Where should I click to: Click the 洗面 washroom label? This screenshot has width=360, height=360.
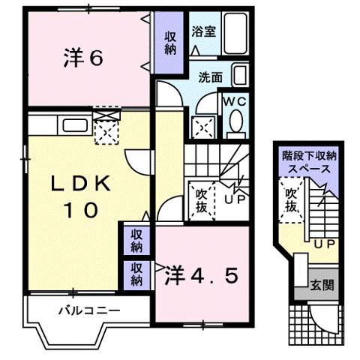pos(210,76)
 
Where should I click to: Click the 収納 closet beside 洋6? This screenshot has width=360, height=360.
pos(169,43)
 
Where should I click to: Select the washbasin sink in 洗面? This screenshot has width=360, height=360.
pos(239,75)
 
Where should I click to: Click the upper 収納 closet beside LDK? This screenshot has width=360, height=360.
pos(136,241)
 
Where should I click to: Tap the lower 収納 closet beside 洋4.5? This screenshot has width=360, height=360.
pos(136,274)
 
